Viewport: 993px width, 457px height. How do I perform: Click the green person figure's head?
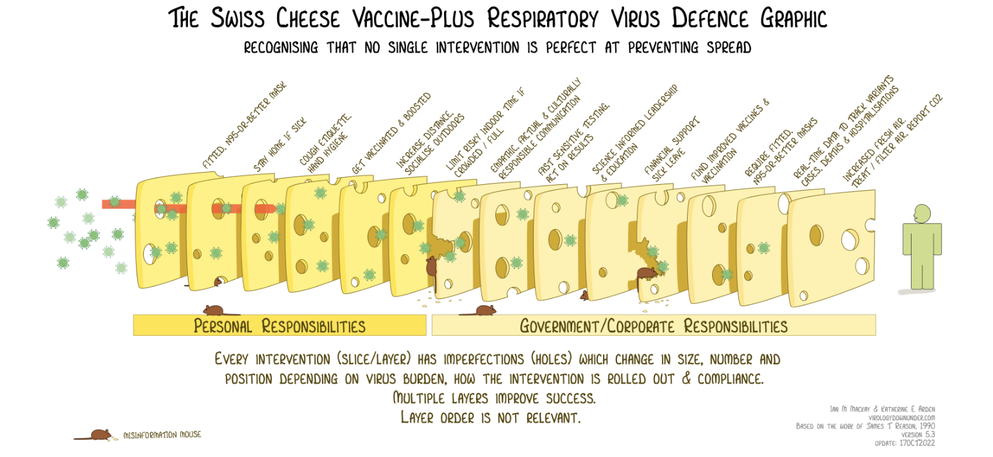tap(922, 213)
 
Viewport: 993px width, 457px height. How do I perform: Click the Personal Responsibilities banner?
tap(280, 325)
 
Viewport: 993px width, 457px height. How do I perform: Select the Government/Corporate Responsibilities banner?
tap(654, 325)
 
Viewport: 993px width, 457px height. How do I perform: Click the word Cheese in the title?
tap(308, 18)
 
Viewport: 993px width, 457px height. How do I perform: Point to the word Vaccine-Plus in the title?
tap(413, 18)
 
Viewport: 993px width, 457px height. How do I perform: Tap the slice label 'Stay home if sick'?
tap(280, 144)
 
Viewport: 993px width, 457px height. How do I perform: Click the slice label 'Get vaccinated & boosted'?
tap(391, 133)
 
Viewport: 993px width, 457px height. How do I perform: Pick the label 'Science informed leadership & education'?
tap(635, 133)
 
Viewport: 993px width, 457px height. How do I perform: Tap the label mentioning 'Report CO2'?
tap(892, 141)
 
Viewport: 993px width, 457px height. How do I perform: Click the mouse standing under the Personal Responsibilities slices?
tap(215, 310)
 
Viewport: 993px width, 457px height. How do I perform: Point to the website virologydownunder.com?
tap(902, 417)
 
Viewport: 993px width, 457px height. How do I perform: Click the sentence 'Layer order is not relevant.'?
tap(491, 417)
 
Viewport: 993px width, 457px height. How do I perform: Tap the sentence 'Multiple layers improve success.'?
tap(495, 397)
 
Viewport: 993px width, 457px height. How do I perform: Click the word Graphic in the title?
tap(794, 18)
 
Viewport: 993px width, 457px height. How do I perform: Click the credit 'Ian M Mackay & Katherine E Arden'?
tap(882, 409)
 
